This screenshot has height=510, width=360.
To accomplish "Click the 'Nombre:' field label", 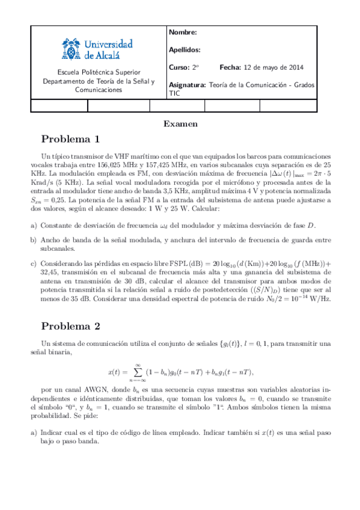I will coord(183,32).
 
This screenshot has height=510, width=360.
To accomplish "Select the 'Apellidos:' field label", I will coord(185,50).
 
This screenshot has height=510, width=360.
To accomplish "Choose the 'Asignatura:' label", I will coord(188,85).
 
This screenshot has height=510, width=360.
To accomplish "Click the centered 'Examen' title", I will coord(180,124).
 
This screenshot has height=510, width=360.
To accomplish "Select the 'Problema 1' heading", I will coord(70,140).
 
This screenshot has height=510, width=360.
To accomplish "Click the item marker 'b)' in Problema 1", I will coord(33,240).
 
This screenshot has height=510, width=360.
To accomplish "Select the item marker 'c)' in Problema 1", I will coord(33,263).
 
